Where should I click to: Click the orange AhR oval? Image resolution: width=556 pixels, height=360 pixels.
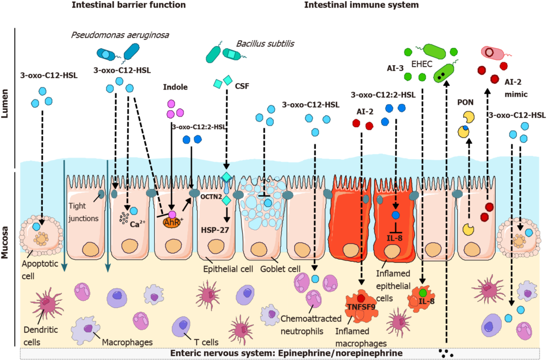pos(172,220)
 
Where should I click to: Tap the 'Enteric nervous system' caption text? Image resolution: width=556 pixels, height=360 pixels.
pos(218,353)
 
